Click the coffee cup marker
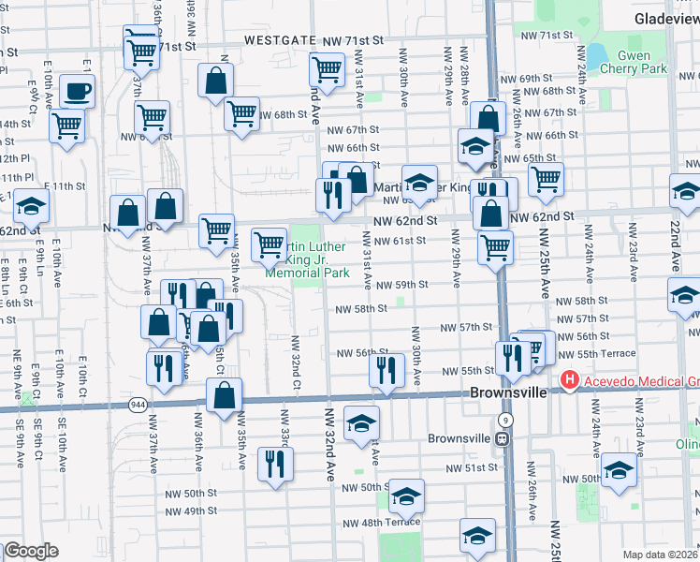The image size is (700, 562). [x=77, y=93]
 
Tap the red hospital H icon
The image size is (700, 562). [x=567, y=380]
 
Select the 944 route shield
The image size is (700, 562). [x=138, y=404]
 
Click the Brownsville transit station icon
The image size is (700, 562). [x=503, y=437]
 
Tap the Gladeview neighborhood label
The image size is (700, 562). [x=661, y=18]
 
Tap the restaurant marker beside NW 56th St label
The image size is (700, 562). [x=386, y=369]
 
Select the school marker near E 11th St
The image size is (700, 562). [x=30, y=205]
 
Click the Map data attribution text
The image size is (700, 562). [x=661, y=555]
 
